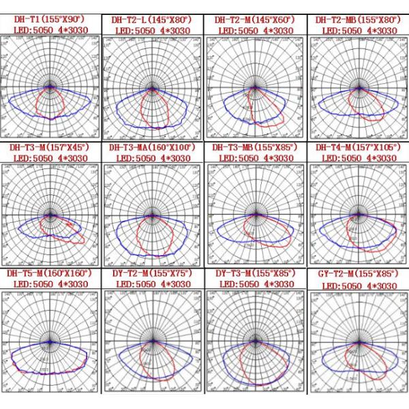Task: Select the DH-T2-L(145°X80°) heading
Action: (x=151, y=20)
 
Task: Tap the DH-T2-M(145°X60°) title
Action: (x=255, y=20)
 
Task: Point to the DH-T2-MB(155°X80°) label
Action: (x=357, y=20)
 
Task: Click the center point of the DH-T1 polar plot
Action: (x=50, y=87)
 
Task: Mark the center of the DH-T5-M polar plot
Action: (x=50, y=340)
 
